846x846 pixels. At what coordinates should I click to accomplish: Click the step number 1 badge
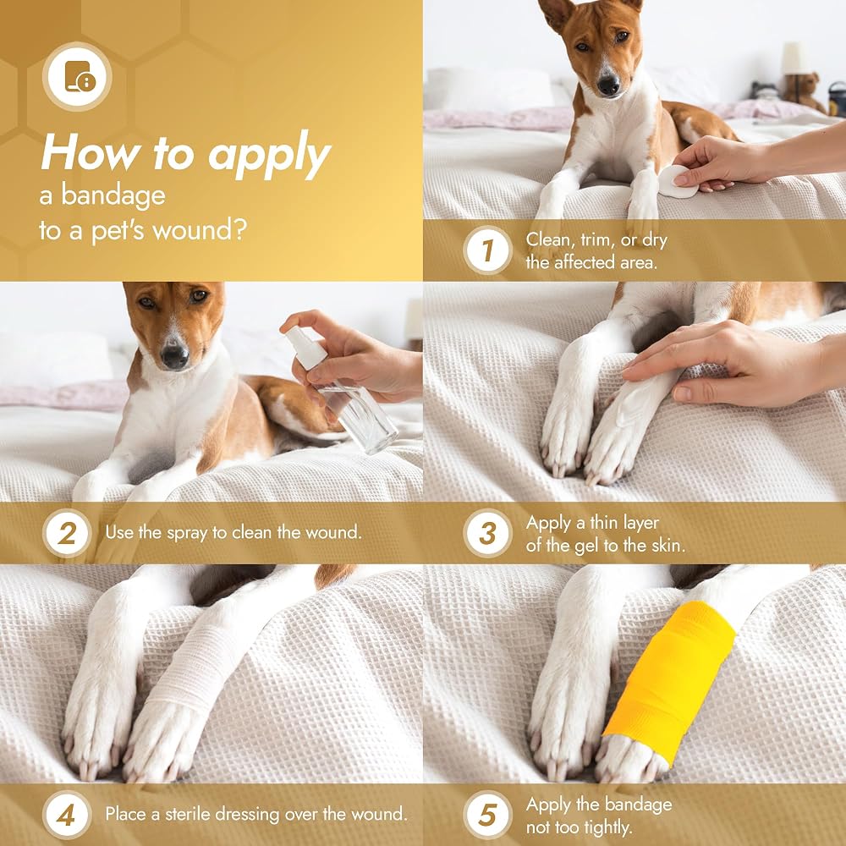pos(487,250)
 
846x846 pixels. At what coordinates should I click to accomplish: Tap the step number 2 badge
pos(67,533)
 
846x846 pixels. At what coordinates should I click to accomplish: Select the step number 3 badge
pos(487,533)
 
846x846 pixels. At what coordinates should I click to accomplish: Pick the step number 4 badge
pos(67,816)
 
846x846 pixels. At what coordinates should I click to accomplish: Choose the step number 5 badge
pos(487,816)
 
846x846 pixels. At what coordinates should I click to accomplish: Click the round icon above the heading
pos(77,77)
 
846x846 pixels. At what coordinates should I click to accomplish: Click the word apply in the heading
pos(269,155)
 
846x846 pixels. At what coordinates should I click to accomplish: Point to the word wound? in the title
pos(200,231)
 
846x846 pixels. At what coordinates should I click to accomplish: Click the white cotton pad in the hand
pos(677,182)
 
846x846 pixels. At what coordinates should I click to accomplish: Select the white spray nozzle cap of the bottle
pos(305,348)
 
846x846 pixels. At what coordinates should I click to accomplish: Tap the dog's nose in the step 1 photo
pos(608,85)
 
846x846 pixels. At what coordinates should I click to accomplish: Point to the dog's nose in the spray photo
pos(175,356)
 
